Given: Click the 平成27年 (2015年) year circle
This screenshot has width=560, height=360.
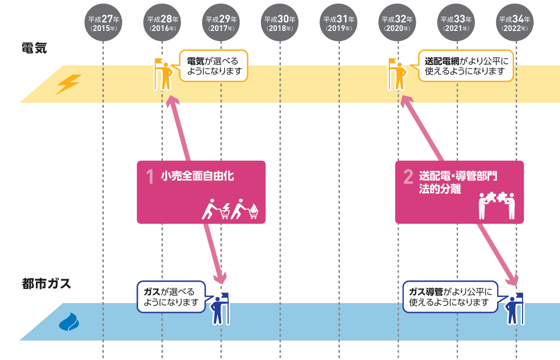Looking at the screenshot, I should tap(103, 23).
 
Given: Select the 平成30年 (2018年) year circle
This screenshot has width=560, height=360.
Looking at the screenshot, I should tap(280, 23).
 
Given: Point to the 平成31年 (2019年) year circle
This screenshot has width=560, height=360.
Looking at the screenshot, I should tap(339, 23).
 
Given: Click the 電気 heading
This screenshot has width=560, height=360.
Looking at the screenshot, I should tap(34, 48).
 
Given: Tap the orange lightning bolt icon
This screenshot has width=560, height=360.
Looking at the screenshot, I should tap(68, 84).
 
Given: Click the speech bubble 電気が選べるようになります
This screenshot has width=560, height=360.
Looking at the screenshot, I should tap(213, 66).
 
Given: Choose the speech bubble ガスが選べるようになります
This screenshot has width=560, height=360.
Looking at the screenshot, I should tap(171, 297).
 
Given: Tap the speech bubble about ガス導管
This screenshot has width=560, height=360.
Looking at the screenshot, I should tap(450, 297).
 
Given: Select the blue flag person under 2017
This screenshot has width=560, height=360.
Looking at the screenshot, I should tap(220, 309).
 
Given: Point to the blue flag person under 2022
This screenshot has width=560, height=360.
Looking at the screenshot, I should tap(515, 309).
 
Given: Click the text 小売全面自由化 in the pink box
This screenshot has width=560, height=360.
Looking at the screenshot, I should tap(198, 176).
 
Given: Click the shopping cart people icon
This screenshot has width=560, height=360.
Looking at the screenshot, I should tap(231, 210).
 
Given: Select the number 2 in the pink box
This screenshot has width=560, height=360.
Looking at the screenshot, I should tap(408, 177).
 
